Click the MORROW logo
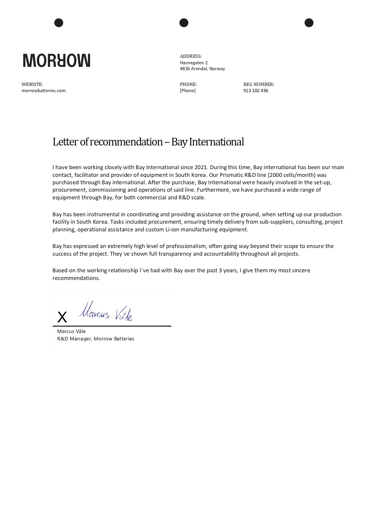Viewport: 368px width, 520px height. [x=56, y=60]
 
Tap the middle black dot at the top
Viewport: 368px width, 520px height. [x=184, y=23]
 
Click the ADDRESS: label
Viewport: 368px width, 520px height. [x=191, y=56]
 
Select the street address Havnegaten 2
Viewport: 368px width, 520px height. [x=194, y=63]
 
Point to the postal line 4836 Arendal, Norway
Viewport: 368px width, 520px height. [x=202, y=69]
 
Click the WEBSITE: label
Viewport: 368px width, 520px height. [x=32, y=84]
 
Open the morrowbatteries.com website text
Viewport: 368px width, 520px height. [x=44, y=91]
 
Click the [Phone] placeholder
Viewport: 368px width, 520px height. [x=188, y=91]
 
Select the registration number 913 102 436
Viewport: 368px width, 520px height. [x=256, y=91]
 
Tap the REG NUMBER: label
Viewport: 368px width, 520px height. [x=259, y=84]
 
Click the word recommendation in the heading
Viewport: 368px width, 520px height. [x=126, y=142]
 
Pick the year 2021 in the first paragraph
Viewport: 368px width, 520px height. [x=200, y=167]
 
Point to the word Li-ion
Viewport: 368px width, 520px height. [x=172, y=230]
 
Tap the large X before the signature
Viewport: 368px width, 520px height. [x=62, y=317]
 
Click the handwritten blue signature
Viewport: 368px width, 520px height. [x=106, y=312]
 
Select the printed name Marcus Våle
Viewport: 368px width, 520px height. [x=71, y=332]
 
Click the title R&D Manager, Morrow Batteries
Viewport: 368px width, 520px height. [x=95, y=339]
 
